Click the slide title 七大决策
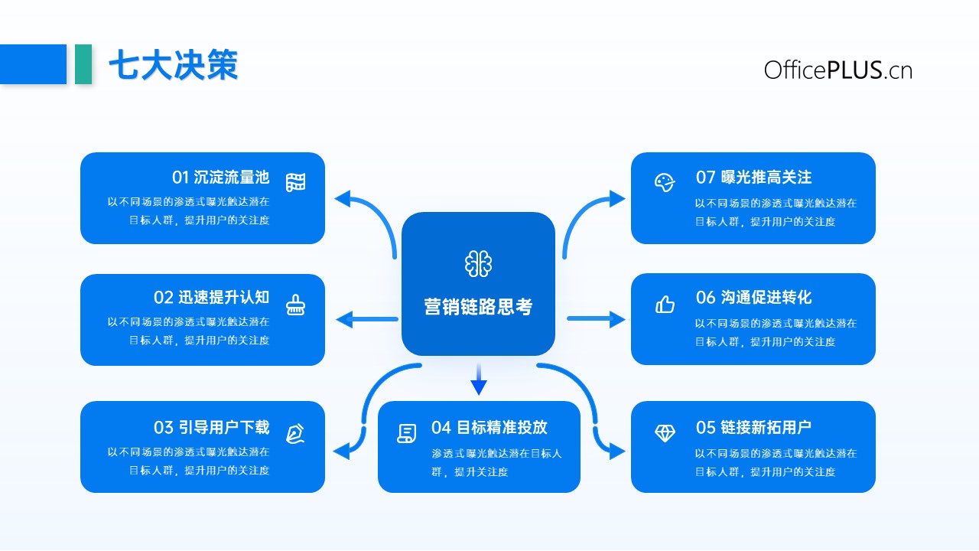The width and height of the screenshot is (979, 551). [x=173, y=65]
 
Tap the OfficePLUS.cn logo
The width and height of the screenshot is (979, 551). [x=838, y=70]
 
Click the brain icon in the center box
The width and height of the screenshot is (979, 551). [x=478, y=264]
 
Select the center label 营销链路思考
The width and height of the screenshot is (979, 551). [x=478, y=307]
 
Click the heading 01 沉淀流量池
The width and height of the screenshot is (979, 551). [x=221, y=178]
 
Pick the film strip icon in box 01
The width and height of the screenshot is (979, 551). [x=295, y=182]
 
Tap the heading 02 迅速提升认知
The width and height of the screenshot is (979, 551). [x=212, y=298]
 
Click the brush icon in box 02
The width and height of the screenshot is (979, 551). [x=295, y=305]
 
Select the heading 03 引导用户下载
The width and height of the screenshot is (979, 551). [x=212, y=427]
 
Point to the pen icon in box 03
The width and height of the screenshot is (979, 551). [x=295, y=433]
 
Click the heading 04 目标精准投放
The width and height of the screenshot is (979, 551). [x=489, y=427]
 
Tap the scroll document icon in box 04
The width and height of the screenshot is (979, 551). [x=406, y=433]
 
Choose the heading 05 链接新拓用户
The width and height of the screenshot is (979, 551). [x=754, y=427]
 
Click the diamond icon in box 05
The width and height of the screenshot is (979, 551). [x=665, y=433]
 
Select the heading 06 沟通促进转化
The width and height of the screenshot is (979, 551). [x=754, y=298]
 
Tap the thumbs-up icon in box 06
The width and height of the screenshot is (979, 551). [x=665, y=305]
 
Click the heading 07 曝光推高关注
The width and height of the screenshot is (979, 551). [x=754, y=178]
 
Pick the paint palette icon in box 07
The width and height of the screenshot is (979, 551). [x=665, y=182]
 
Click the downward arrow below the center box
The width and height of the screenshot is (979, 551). [x=479, y=380]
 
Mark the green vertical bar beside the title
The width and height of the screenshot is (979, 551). [x=83, y=64]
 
